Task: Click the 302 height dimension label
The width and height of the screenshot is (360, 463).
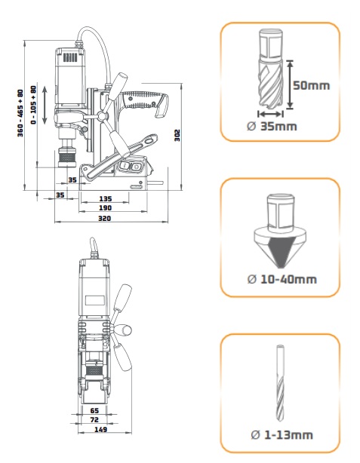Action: [x=177, y=135]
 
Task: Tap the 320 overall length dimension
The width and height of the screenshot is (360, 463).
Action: [x=104, y=219]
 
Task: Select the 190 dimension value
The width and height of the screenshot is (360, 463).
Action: [x=105, y=208]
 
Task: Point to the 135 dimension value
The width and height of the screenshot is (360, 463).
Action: [x=105, y=199]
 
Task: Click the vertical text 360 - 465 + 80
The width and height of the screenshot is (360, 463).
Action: [x=20, y=113]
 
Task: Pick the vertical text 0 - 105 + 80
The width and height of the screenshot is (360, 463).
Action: [x=34, y=105]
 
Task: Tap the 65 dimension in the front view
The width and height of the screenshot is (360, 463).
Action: [x=94, y=410]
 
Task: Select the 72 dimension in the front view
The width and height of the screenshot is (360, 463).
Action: [x=94, y=419]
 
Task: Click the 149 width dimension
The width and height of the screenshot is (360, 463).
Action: [x=100, y=429]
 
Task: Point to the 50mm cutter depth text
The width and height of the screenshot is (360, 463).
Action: [x=311, y=85]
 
